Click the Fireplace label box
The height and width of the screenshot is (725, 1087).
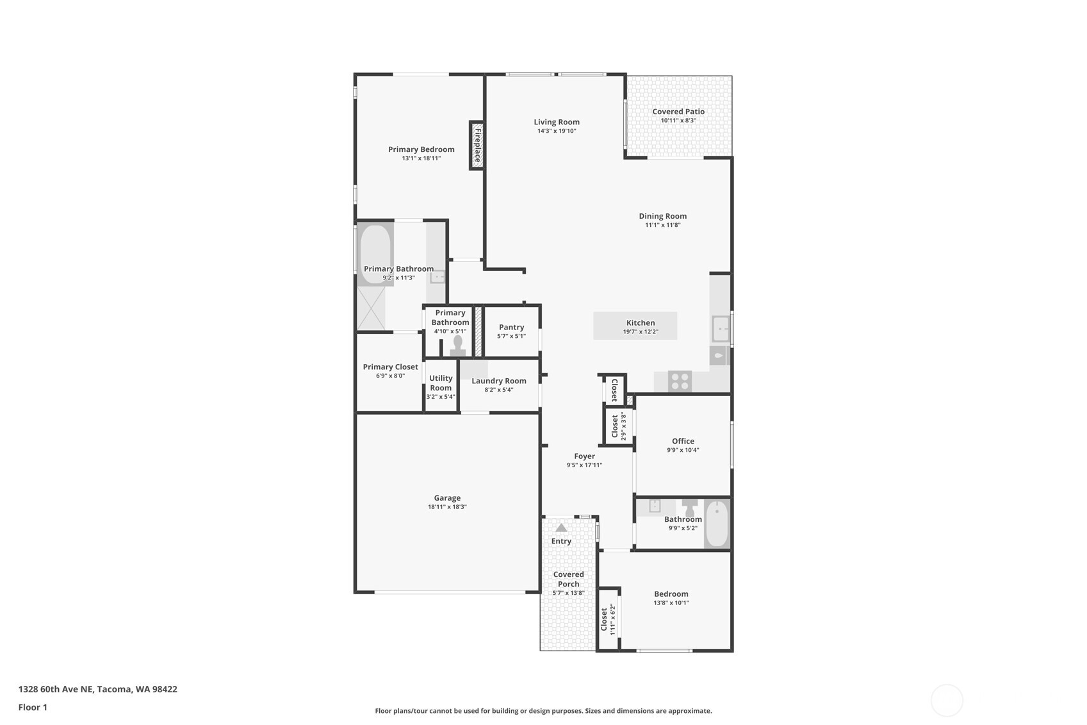click(477, 145)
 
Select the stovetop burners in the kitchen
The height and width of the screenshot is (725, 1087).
click(680, 381)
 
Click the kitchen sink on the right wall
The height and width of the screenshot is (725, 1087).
click(721, 329)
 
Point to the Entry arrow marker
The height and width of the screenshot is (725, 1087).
click(561, 528)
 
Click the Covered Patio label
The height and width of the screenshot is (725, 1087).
click(678, 112)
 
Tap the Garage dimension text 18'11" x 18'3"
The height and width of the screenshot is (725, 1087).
click(447, 507)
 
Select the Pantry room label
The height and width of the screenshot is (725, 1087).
click(511, 327)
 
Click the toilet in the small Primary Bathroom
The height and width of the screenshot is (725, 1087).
click(457, 346)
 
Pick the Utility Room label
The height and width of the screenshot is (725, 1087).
click(441, 383)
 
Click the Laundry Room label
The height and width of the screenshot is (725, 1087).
click(498, 381)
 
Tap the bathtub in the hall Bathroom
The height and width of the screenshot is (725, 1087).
click(717, 524)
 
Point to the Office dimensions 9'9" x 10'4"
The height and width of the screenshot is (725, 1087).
click(683, 450)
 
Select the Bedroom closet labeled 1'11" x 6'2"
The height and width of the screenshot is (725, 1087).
click(607, 619)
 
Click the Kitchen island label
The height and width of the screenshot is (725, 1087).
click(640, 323)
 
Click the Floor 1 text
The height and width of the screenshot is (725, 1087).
click(33, 707)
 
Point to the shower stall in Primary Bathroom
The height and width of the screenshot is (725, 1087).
click(371, 308)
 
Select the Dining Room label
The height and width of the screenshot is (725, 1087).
click(662, 216)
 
